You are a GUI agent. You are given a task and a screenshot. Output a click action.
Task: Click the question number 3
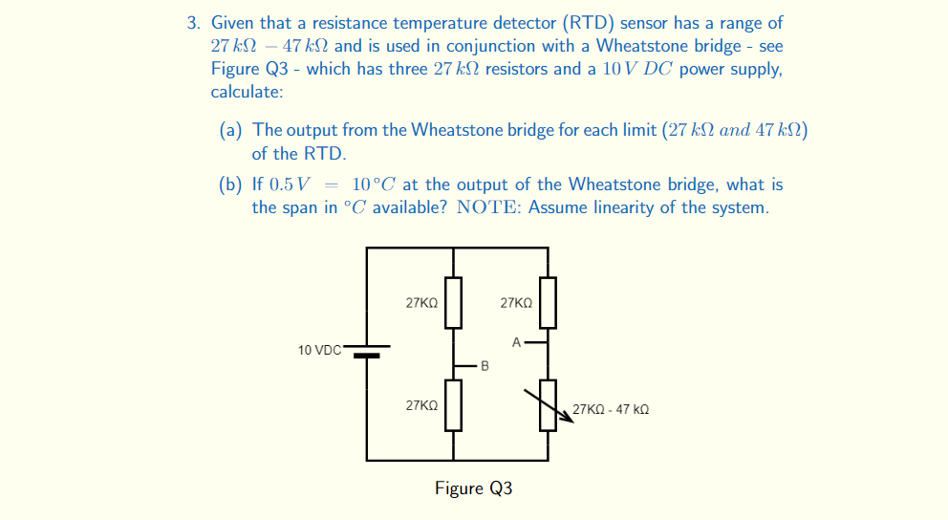tap(192, 22)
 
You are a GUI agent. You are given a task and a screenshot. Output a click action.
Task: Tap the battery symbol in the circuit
tap(368, 351)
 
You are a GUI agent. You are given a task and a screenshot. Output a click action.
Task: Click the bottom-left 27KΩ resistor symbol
tap(453, 404)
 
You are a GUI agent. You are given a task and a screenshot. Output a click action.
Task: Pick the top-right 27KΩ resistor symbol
tap(548, 301)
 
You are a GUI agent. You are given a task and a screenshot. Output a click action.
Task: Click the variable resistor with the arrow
tap(548, 404)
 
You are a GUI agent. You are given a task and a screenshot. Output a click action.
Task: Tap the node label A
tap(516, 340)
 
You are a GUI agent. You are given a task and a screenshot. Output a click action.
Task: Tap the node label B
tap(485, 365)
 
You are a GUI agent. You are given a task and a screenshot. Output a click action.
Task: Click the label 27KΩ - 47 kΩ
tap(611, 409)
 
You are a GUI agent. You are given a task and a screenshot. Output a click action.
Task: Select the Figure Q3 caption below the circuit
tap(473, 488)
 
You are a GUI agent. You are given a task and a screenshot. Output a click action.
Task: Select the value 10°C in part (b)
tap(374, 184)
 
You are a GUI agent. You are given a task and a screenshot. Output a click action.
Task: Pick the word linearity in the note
tap(631, 207)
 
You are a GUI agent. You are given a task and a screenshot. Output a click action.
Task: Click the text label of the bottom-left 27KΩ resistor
tap(421, 405)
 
